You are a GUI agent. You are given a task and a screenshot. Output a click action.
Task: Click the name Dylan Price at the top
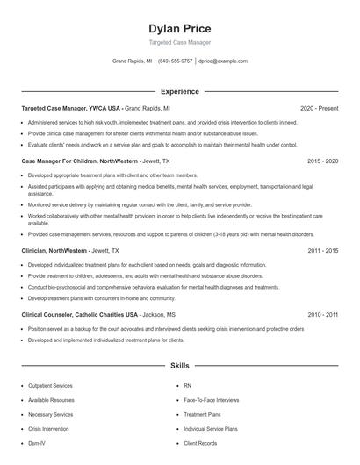179,28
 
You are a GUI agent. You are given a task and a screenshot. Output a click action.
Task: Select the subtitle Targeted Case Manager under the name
179,42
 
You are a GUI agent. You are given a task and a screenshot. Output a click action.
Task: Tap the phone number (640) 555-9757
175,61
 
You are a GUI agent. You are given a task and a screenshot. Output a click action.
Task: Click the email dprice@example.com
222,61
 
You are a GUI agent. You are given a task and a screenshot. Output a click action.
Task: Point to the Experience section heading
179,91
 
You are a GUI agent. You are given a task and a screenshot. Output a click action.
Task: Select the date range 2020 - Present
319,108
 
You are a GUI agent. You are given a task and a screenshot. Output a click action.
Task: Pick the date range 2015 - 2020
322,161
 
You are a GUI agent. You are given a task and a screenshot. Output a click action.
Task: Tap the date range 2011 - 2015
322,250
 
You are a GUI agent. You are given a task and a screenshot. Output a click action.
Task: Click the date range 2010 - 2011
322,314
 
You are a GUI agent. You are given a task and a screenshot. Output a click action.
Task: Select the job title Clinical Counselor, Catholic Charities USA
80,314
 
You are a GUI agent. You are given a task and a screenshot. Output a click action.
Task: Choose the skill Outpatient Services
50,385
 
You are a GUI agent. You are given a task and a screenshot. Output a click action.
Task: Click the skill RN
187,385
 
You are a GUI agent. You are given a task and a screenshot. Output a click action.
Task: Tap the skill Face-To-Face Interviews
211,400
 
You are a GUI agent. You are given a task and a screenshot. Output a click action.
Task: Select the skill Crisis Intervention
48,429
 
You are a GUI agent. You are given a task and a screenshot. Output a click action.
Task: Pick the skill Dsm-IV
38,443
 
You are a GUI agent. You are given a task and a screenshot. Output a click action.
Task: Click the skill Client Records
201,443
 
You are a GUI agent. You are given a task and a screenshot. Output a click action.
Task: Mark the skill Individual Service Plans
211,429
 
